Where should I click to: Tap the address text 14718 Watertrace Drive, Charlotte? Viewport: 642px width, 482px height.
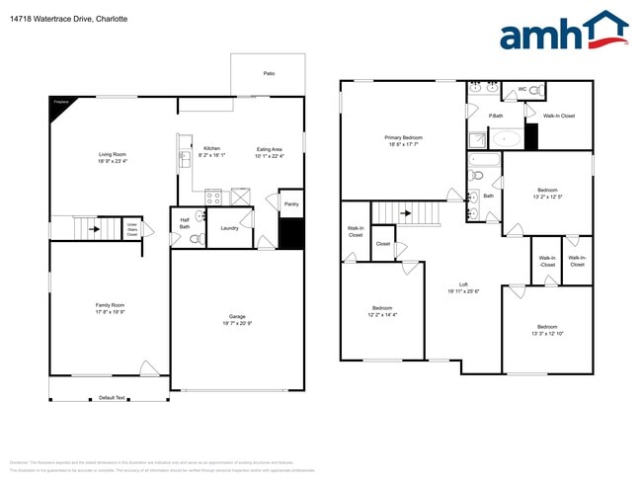(x=56, y=18)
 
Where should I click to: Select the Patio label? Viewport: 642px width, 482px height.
(x=269, y=73)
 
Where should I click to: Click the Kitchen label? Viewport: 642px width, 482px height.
(x=212, y=148)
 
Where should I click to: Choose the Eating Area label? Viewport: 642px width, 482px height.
(x=270, y=149)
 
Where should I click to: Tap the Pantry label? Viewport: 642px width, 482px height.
(x=291, y=204)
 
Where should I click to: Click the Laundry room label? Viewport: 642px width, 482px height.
(x=229, y=228)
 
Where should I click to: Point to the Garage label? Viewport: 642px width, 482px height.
(x=237, y=316)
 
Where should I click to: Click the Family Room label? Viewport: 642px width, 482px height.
(x=110, y=305)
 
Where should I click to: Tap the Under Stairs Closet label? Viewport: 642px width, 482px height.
(x=131, y=230)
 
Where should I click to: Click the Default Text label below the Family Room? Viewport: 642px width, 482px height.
(x=113, y=398)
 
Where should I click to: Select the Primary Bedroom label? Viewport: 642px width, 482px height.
(x=404, y=137)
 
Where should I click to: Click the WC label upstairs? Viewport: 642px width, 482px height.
(x=522, y=91)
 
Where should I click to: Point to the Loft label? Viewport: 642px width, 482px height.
(x=463, y=284)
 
